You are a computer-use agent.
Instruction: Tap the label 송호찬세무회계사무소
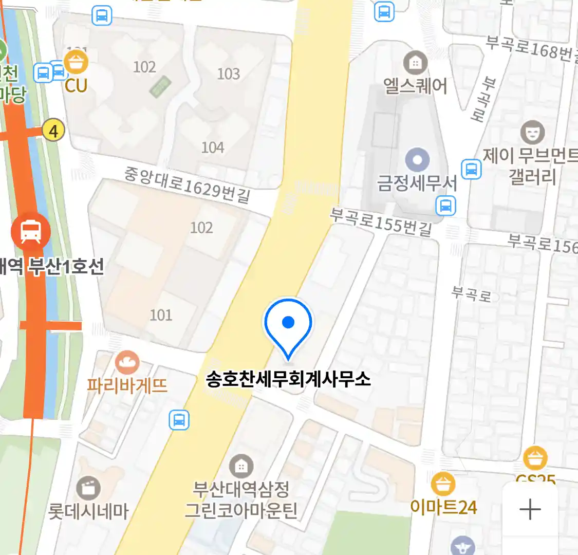click(288, 380)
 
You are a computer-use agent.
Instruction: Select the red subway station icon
click(31, 232)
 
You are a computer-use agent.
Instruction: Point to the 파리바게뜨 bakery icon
click(127, 363)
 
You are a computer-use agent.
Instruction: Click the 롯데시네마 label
click(88, 511)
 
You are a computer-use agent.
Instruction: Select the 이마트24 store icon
click(442, 484)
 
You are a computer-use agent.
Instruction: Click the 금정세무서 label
click(417, 183)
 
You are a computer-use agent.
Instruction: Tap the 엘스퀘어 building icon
click(415, 63)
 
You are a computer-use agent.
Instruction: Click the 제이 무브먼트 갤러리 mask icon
click(532, 132)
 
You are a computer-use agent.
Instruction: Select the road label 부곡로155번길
click(381, 221)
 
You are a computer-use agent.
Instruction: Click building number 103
click(229, 74)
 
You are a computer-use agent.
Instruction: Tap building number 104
click(213, 147)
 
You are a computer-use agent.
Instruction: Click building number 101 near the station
click(161, 314)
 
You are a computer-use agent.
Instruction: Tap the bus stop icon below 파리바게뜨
click(179, 420)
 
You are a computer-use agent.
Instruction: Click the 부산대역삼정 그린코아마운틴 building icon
click(240, 466)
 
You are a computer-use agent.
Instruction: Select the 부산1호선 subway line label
click(66, 267)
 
